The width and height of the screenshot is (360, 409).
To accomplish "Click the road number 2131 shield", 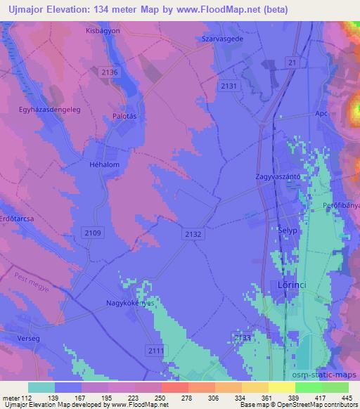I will coord(229,85).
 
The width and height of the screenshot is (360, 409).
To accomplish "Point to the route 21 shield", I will coord(290,63).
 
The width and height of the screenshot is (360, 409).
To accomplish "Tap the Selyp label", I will coord(280,228).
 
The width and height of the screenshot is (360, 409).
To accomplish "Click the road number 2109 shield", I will coord(92,232).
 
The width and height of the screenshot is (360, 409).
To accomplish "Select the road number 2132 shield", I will coord(193,234).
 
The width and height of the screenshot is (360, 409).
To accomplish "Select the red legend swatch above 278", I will coord(174,387).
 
